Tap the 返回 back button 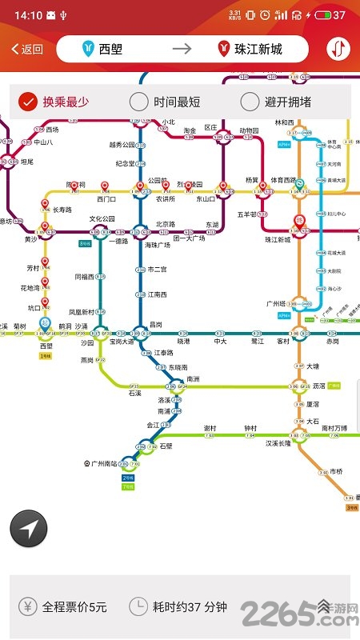coord(27,49)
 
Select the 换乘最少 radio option coord(54,102)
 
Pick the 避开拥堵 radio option coord(276,102)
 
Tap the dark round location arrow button coord(29,529)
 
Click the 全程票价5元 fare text coord(74,606)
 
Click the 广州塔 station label coord(275,304)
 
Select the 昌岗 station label coord(155,324)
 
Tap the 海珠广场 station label coord(158,246)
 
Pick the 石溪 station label coord(134,393)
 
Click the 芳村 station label coord(33,268)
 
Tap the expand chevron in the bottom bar coord(324,606)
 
